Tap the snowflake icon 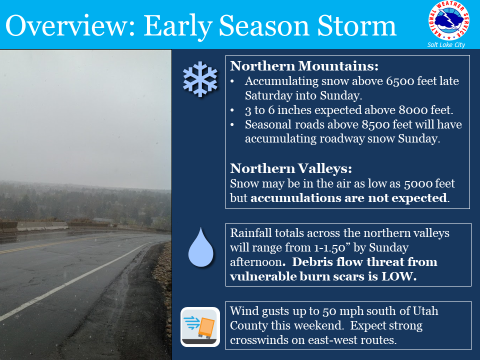(x=200, y=79)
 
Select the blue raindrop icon (x=201, y=247)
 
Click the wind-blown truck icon (x=200, y=327)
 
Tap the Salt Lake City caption (x=446, y=45)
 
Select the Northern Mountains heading (x=304, y=66)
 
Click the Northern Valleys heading (x=291, y=168)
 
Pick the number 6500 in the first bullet (x=399, y=81)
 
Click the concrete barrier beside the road (x=33, y=226)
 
